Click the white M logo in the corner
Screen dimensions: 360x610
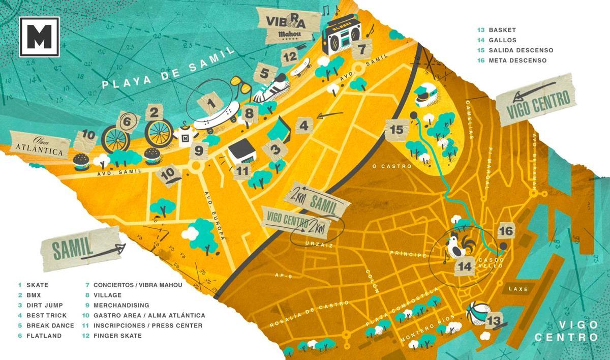click(x=39, y=37)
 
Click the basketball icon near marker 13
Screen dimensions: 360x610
click(x=478, y=312)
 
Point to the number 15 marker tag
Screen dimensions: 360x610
click(x=397, y=130)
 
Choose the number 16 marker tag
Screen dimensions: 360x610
click(x=506, y=231)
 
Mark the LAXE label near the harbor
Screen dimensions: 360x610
click(x=517, y=289)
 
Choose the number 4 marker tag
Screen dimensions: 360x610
click(x=303, y=125)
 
